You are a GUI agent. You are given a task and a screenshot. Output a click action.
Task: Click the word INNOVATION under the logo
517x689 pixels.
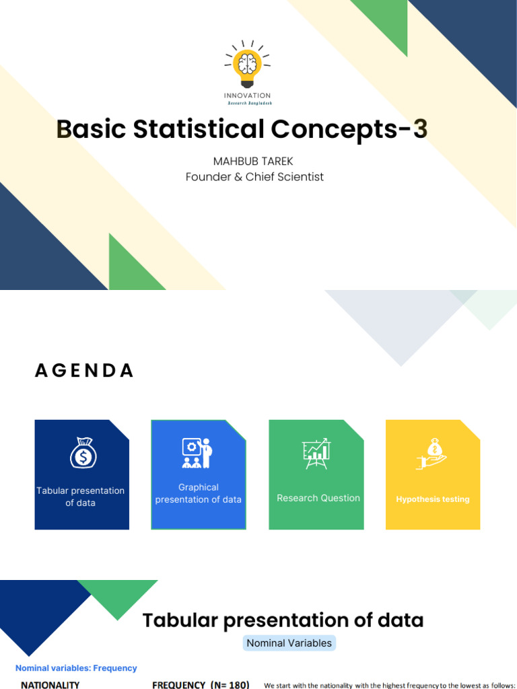pos(247,96)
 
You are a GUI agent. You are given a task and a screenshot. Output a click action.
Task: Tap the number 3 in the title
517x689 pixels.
pos(420,129)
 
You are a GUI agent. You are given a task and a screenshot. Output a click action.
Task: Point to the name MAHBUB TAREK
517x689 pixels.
pos(254,161)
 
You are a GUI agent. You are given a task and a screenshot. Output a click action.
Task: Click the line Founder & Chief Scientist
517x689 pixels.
pos(254,177)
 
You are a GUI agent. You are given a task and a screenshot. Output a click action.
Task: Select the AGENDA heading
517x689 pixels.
pos(84,371)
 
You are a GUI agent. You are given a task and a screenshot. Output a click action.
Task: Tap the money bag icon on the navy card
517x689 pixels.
pos(83,453)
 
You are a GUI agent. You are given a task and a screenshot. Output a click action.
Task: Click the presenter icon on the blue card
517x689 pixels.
pos(197,453)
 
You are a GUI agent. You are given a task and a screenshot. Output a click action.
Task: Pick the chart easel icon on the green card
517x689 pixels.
pos(316,453)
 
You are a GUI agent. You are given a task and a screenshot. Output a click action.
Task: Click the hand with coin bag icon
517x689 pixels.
pos(432,453)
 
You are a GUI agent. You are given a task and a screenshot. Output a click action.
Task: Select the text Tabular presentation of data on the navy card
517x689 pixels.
pos(81,497)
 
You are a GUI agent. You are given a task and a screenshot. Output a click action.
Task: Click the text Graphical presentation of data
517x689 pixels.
pos(198,493)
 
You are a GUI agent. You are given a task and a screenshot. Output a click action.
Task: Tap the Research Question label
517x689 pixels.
pos(318,498)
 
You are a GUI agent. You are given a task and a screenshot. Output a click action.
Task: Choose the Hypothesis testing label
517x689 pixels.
pos(433,499)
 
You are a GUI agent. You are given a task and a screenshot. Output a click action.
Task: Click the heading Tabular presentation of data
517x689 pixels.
pos(283,620)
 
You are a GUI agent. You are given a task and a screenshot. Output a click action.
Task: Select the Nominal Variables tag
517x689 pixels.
pos(289,643)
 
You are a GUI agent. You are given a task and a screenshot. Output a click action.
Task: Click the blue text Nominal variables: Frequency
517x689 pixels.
pos(76,668)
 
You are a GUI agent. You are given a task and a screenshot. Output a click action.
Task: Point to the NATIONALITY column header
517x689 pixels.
pos(50,684)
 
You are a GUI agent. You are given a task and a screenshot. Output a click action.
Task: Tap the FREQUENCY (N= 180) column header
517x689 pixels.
pos(201,684)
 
